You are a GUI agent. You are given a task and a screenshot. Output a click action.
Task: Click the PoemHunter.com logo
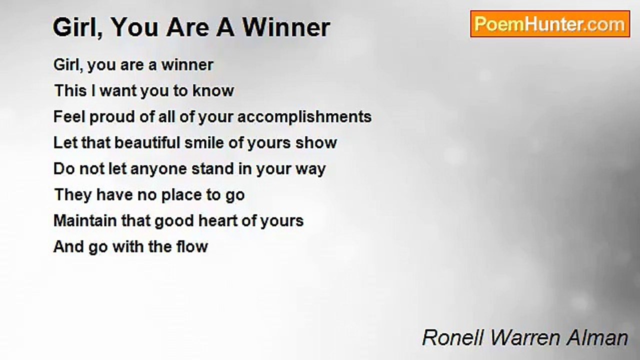[550, 24]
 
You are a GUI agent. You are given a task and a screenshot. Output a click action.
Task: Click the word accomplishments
[304, 117]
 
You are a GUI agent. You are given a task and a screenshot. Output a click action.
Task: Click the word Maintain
[85, 221]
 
